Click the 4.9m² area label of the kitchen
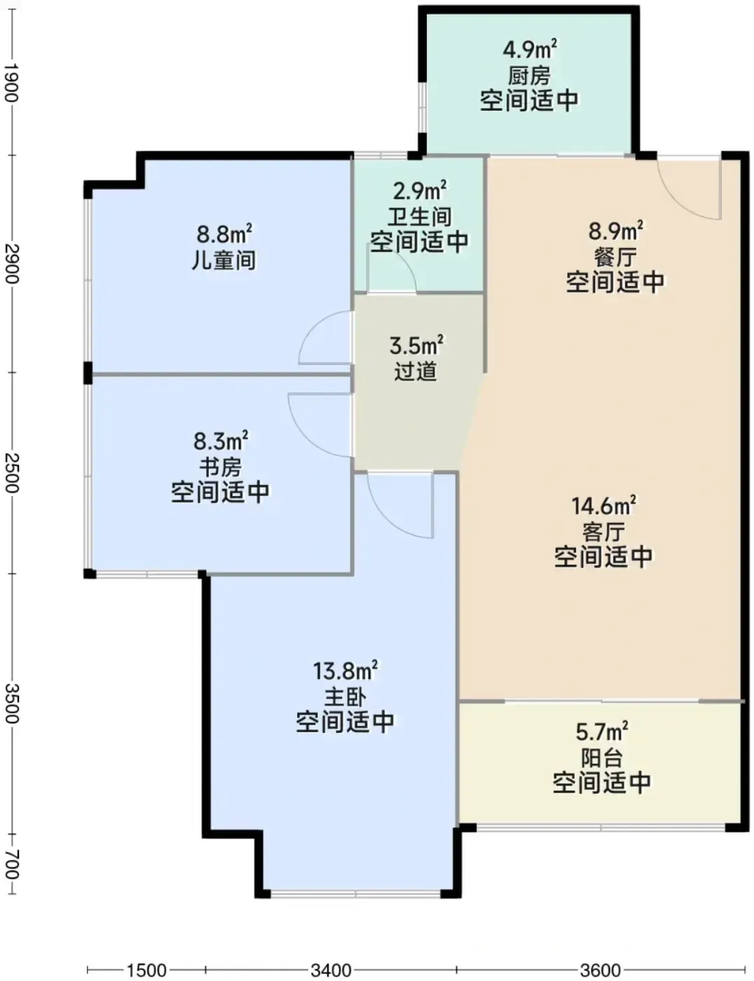coord(530,49)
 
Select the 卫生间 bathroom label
coord(420,217)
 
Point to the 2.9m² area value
coord(420,191)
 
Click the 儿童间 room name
coord(224,260)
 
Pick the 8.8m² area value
coord(224,234)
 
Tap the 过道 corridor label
coord(416,371)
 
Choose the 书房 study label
coord(221,467)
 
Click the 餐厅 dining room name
coord(615,257)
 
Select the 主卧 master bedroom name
coord(345,697)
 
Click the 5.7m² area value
coord(602,732)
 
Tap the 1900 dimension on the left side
coord(11,83)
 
